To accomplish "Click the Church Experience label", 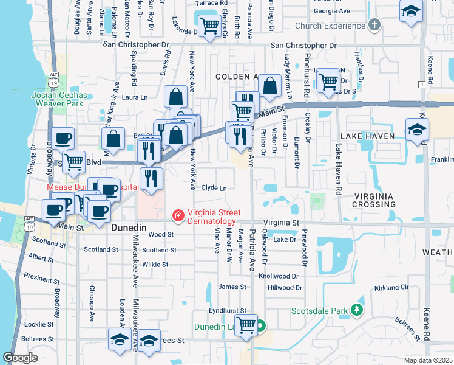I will [330, 26].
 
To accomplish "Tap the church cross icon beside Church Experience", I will [374, 26].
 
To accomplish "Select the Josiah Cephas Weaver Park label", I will [61, 100].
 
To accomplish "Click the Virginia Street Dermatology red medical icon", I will [178, 215].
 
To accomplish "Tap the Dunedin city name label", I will [129, 227].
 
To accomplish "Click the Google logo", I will [21, 358].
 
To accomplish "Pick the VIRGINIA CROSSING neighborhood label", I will [374, 200].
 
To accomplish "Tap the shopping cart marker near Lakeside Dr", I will [209, 26].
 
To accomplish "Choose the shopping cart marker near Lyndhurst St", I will [246, 325].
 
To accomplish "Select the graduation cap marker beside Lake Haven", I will [417, 130].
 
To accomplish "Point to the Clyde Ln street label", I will [214, 188].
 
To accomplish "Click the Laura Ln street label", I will [135, 97].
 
